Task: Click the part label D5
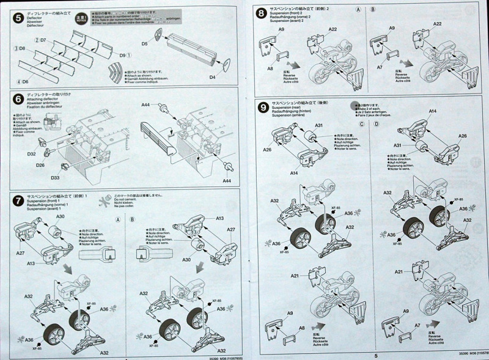[145, 44]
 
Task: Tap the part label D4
[212, 77]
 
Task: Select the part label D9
[124, 56]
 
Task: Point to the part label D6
[24, 81]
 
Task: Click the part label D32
[32, 155]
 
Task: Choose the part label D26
[40, 165]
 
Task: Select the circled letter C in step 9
[362, 124]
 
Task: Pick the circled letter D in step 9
[376, 124]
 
